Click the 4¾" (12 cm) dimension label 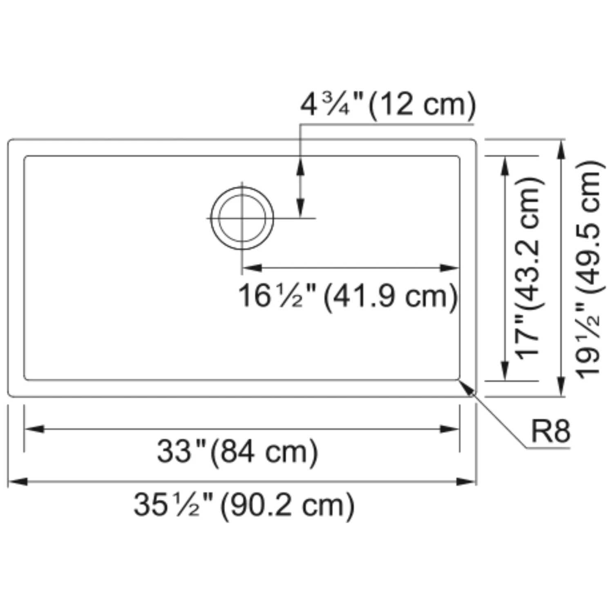388,105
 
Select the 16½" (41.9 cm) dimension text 348,296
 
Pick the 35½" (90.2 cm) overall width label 244,505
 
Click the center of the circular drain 242,218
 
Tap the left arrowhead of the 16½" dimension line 251,268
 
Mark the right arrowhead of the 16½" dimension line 450,268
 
